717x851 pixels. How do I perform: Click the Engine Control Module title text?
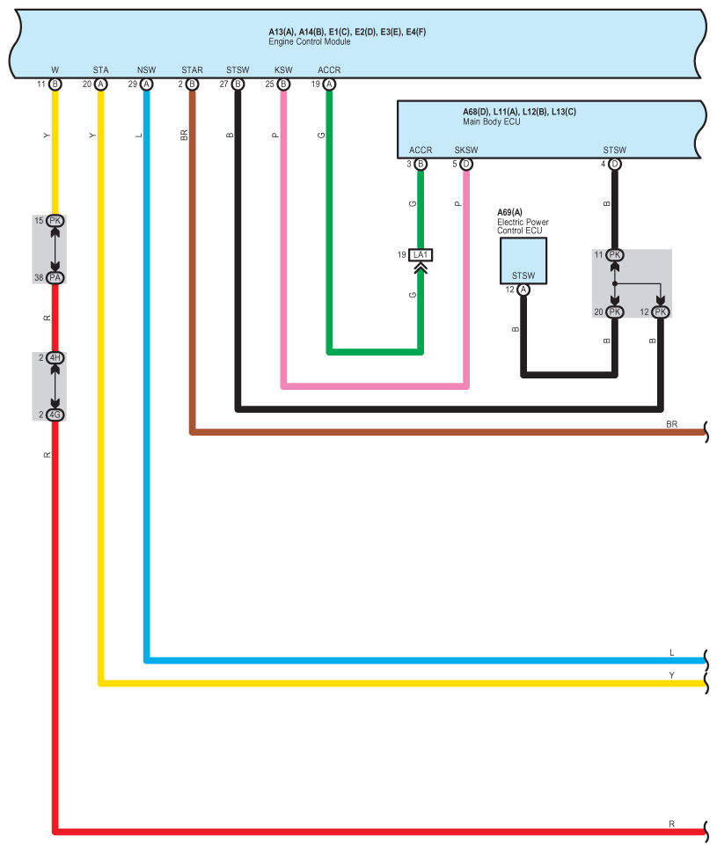tap(309, 41)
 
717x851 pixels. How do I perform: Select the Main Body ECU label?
tap(492, 121)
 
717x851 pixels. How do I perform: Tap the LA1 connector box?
tap(421, 254)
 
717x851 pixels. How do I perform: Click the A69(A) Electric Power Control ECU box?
tap(523, 260)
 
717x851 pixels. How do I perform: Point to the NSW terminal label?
tap(146, 70)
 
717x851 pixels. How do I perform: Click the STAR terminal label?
tap(192, 70)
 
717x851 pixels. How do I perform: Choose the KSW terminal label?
tap(283, 70)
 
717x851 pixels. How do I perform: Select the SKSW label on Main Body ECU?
tap(466, 150)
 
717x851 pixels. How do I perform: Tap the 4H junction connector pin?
tap(55, 357)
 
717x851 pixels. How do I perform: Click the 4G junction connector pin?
tap(55, 414)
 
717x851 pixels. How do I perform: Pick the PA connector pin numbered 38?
tap(55, 278)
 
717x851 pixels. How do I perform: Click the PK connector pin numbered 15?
tap(55, 220)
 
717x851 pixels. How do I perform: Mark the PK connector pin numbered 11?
tap(614, 254)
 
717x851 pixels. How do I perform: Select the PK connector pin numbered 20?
tap(614, 312)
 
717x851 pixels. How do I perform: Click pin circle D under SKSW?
tap(466, 164)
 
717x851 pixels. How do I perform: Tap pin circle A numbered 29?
tap(146, 84)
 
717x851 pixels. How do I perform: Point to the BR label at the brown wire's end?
tap(671, 424)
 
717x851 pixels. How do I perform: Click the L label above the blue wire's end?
tap(671, 652)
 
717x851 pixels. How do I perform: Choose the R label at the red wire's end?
tap(671, 824)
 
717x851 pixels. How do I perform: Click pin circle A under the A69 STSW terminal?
tap(523, 290)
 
